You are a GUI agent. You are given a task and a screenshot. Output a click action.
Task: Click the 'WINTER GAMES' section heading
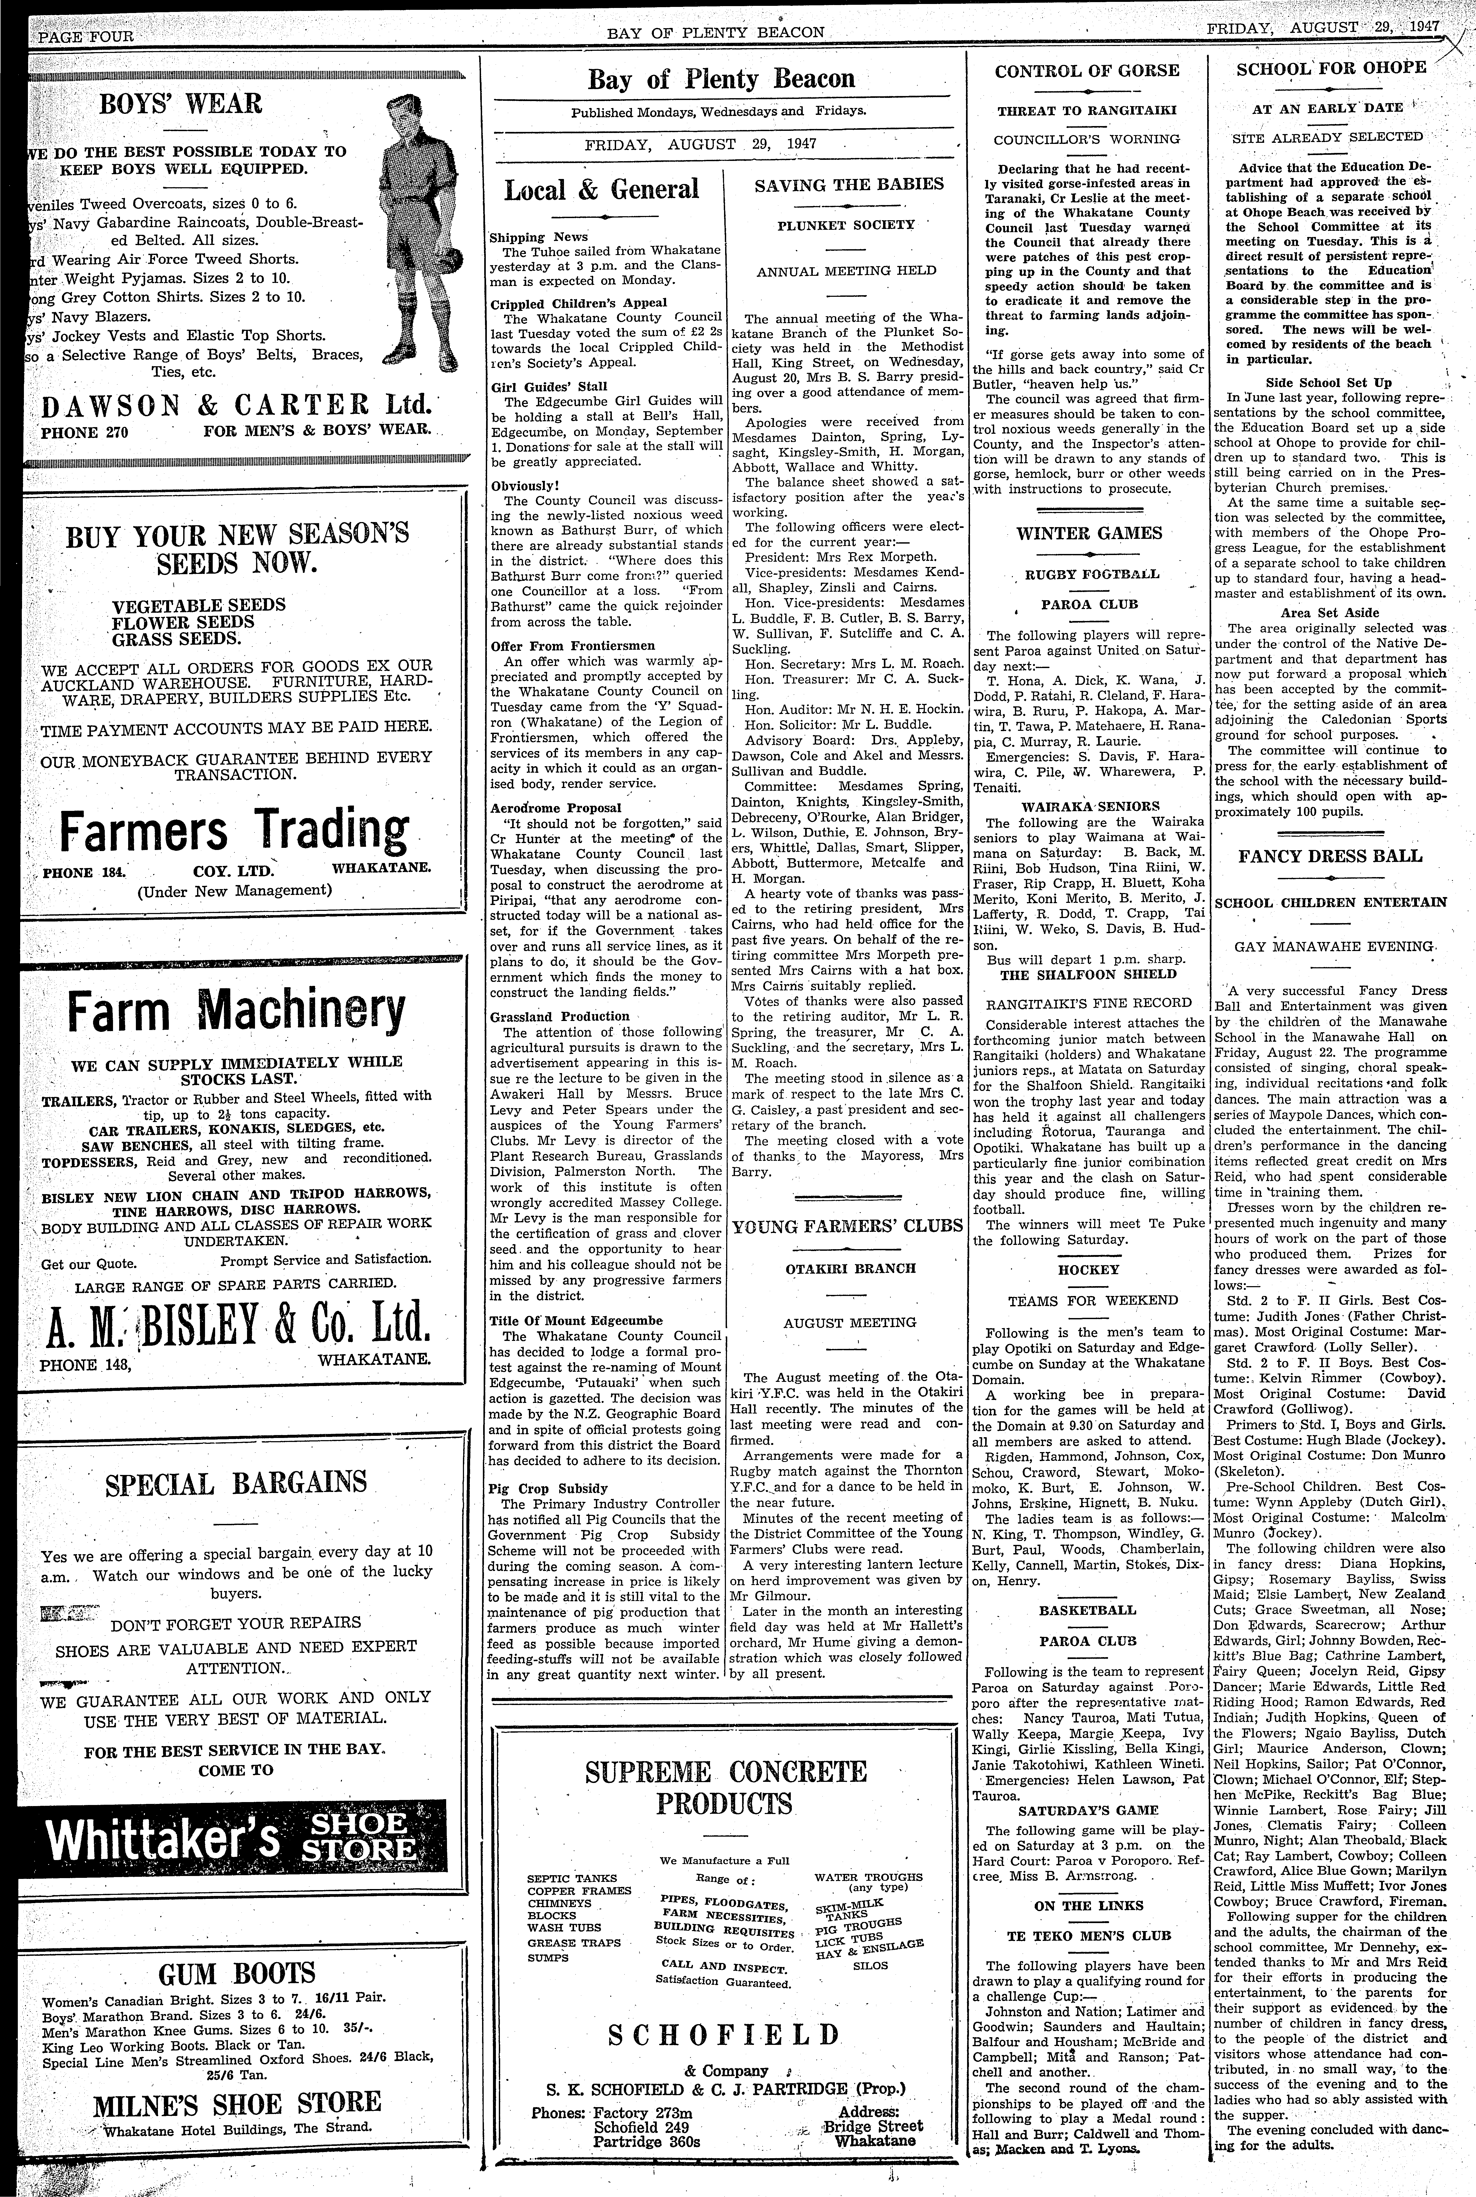click(x=1089, y=533)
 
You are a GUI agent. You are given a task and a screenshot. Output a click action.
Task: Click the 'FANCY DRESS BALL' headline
click(x=1330, y=856)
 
